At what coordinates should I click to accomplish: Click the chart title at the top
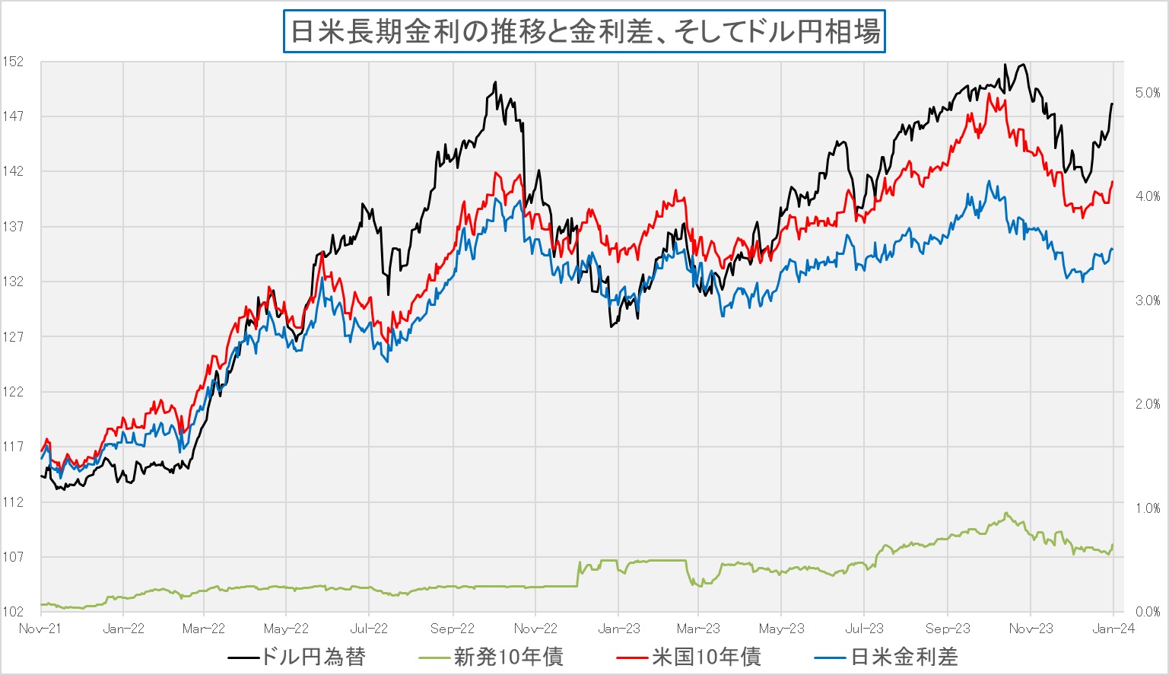584,32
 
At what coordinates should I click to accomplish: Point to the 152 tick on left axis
13,62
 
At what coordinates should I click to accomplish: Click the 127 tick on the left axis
13,337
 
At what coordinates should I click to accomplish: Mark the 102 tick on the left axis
13,612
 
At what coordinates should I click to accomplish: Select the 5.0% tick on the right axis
1147,93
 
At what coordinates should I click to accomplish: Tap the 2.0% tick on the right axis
1147,404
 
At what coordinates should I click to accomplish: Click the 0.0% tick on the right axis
1147,612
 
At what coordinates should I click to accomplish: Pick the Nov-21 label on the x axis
40,629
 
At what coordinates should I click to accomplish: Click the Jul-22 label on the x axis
369,629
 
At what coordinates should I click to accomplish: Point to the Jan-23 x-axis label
618,629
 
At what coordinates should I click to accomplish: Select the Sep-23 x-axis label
948,629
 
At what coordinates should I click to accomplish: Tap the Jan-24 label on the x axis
1113,629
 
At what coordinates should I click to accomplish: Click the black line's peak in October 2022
495,82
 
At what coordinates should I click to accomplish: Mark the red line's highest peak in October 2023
989,94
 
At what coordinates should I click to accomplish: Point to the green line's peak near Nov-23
1006,513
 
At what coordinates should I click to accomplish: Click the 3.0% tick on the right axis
1147,301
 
